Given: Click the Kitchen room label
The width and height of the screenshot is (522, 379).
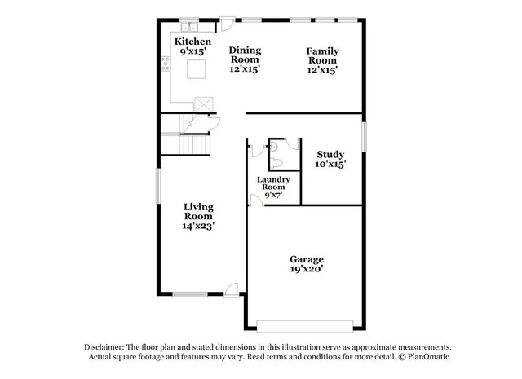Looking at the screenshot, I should (192, 42).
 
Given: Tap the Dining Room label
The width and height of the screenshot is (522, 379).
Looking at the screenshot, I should (244, 55).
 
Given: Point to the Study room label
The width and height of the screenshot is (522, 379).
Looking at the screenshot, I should (330, 153).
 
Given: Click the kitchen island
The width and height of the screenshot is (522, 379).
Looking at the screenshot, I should (197, 69).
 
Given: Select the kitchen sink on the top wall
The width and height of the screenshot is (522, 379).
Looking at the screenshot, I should (189, 23).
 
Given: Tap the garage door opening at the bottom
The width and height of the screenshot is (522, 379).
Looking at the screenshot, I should (307, 325).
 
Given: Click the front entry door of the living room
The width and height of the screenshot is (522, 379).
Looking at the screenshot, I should (232, 289).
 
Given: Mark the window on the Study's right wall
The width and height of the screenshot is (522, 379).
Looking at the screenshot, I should (364, 137).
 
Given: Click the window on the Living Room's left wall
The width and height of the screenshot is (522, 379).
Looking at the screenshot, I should (159, 187).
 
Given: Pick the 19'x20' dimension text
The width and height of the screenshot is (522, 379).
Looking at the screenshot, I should (306, 269).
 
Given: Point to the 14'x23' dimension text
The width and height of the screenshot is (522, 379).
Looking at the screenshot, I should (198, 226).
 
